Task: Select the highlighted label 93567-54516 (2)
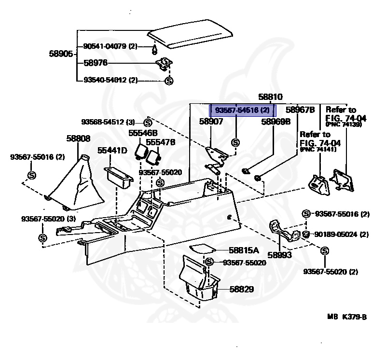coord(242,111)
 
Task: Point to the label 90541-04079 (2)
coord(110,46)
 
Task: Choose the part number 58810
coord(270,97)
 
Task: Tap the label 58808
coord(78,138)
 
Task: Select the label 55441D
coord(112,151)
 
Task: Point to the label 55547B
coord(161,142)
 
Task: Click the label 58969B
coord(276,122)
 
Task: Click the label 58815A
coord(244,250)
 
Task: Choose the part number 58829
coord(242,289)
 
